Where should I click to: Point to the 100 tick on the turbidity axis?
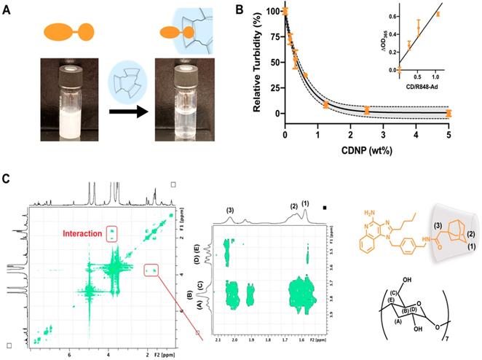(272, 12)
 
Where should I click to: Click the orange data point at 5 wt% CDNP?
(449, 113)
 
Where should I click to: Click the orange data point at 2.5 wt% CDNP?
(367, 110)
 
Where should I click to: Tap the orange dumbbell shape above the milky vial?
(62, 32)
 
